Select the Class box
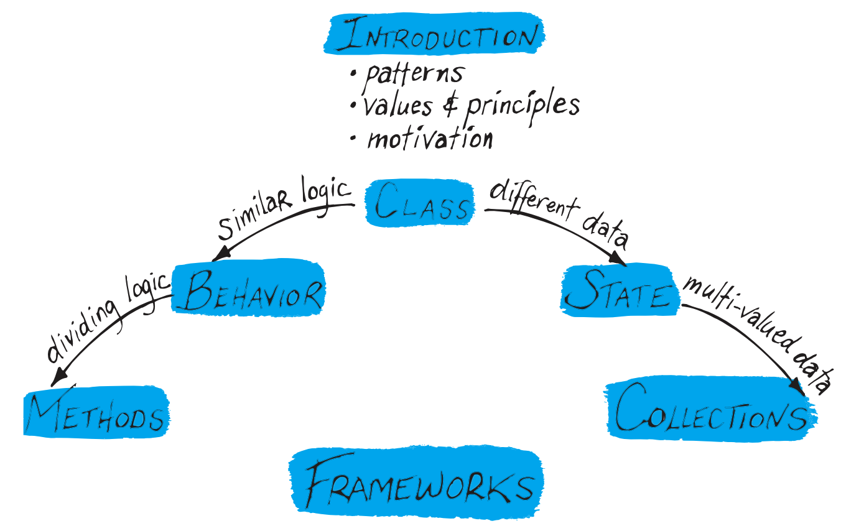pyautogui.click(x=420, y=203)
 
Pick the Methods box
pyautogui.click(x=96, y=413)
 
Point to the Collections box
pyautogui.click(x=710, y=410)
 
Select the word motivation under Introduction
pyautogui.click(x=430, y=137)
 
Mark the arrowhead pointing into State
pyautogui.click(x=618, y=257)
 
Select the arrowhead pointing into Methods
pyautogui.click(x=58, y=376)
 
